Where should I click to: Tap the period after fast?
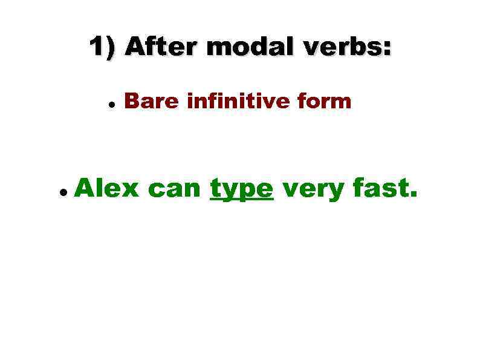(414, 197)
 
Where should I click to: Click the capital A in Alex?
(86, 189)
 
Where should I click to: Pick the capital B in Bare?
(130, 102)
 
